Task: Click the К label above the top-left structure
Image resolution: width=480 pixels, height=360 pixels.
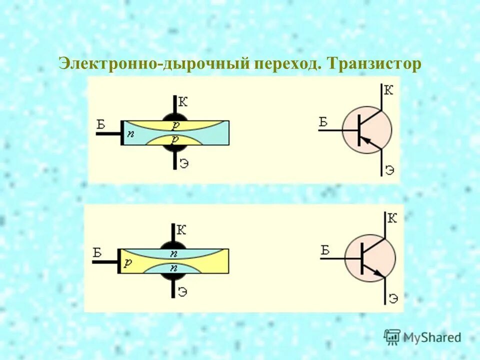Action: coord(183,102)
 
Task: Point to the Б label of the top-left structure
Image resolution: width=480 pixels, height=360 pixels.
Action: coord(101,124)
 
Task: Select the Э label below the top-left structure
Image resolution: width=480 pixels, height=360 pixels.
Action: coord(184,163)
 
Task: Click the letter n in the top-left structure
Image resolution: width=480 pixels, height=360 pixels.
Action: coord(130,133)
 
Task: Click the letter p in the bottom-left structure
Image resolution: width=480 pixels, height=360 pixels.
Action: coord(128,263)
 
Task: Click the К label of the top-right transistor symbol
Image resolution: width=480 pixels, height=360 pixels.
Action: coord(388,90)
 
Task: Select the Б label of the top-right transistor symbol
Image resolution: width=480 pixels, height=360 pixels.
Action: coord(323,121)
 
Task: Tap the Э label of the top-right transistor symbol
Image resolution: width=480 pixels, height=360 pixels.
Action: coord(390,169)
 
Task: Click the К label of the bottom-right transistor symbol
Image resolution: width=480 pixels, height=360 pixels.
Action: coord(392,217)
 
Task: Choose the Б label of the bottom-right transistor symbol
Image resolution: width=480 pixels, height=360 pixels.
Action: coord(325,250)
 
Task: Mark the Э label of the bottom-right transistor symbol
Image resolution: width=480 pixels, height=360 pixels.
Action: coord(393,298)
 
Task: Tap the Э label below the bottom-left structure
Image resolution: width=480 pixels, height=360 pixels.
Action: coord(184,290)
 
